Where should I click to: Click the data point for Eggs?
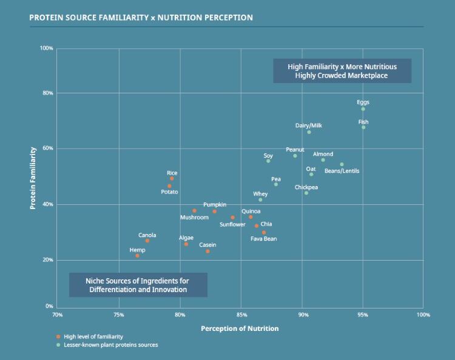pos(363,109)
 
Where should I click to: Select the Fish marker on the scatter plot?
pos(363,127)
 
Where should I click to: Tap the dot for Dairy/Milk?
pos(309,132)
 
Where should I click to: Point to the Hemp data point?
pos(137,256)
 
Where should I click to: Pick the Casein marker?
pos(207,251)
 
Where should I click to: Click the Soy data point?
pos(268,161)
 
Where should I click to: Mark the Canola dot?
pos(147,241)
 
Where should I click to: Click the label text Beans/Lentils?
pos(342,171)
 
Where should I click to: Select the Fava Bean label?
pos(264,239)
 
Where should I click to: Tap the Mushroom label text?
pos(194,218)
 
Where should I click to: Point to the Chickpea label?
pos(306,187)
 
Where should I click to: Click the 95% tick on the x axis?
pos(363,315)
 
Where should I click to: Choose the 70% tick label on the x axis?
pos(58,315)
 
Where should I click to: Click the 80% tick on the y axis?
pos(47,93)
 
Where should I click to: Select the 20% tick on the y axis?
pos(47,260)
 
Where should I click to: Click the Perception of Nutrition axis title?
pos(240,328)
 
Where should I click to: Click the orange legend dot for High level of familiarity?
pos(58,336)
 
